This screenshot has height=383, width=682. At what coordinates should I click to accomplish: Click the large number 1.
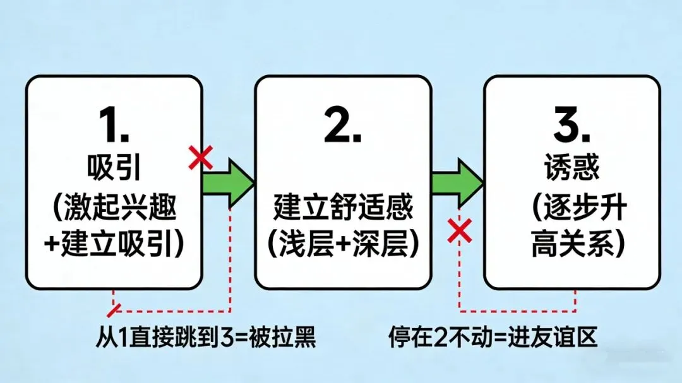[114, 128]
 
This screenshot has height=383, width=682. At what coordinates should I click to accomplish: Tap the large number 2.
[342, 128]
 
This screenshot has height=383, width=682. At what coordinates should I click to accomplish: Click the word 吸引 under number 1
[114, 170]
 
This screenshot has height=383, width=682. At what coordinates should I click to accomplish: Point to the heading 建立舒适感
[343, 207]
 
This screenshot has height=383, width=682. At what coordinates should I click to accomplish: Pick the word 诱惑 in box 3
[571, 170]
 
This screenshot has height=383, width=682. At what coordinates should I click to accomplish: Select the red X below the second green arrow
[460, 231]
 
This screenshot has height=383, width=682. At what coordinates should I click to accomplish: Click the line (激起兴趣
[114, 208]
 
